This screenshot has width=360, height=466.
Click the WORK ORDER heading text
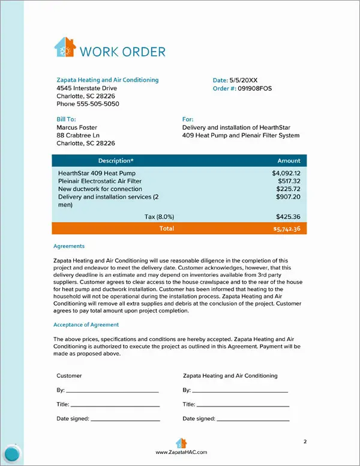point(122,51)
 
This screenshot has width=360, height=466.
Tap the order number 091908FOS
point(255,88)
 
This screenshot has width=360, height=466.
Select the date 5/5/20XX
point(244,80)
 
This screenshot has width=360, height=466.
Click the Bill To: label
point(66,120)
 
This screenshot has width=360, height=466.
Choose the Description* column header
point(116,161)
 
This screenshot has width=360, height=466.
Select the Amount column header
point(289,161)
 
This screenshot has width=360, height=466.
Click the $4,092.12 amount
point(286,173)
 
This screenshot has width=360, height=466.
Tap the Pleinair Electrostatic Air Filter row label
point(100,181)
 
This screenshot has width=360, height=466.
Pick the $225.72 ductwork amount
point(288,189)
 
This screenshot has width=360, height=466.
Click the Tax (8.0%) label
point(160,216)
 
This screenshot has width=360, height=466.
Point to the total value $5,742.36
point(286,229)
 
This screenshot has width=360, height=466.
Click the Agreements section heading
point(69,246)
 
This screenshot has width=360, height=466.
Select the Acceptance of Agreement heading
point(86,324)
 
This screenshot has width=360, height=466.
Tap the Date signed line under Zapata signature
point(252,419)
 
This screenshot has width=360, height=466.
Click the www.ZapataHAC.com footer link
point(181,452)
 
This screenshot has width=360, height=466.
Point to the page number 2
point(305,442)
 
